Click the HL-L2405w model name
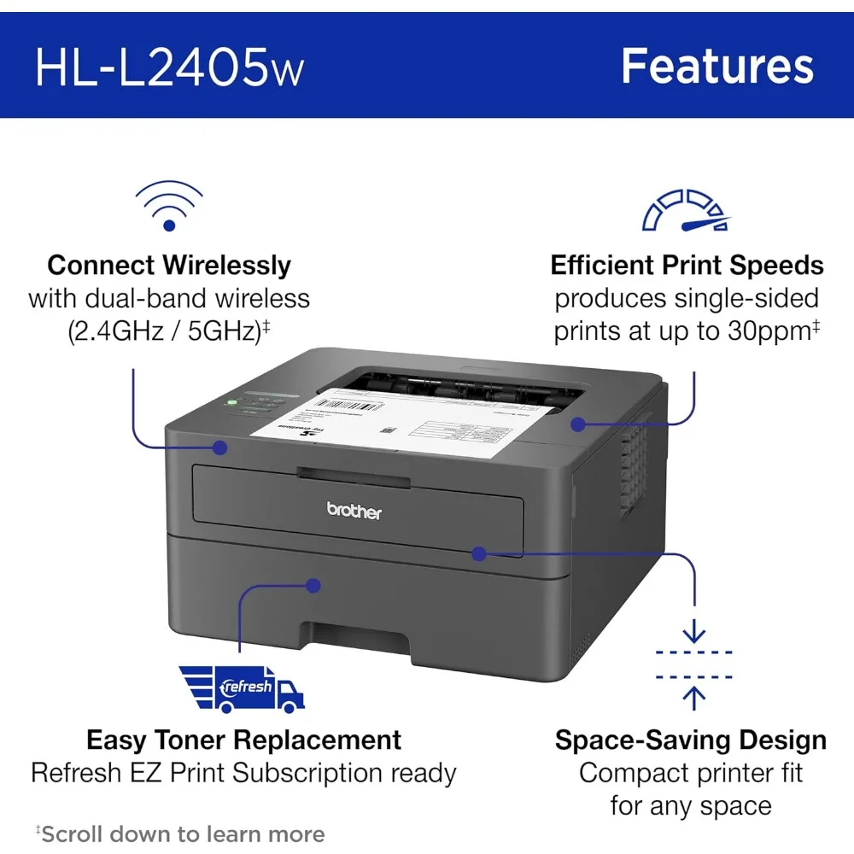coord(169,67)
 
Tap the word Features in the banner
coord(717,66)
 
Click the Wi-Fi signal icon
coord(169,208)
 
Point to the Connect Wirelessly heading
coord(169,265)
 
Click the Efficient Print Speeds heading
coord(687,265)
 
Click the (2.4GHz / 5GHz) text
coord(164,331)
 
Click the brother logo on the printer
coord(354,512)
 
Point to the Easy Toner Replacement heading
coord(243,739)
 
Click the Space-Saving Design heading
coord(690,740)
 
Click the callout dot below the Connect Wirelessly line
coord(220,447)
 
